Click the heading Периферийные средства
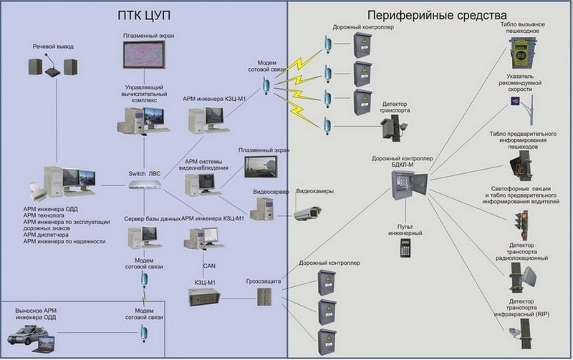(x=428, y=15)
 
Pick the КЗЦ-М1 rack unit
(x=207, y=295)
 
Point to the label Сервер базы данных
(x=151, y=218)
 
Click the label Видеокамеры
(x=312, y=192)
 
